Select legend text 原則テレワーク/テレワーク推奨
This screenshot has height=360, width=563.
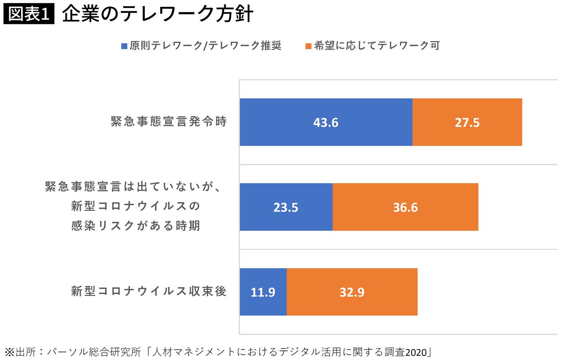click(x=205, y=46)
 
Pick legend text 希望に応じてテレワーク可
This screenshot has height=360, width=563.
click(x=376, y=46)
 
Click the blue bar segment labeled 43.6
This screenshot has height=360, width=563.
click(x=326, y=122)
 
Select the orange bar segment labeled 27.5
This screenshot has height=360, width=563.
click(x=467, y=122)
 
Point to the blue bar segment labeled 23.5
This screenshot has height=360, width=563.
click(x=286, y=207)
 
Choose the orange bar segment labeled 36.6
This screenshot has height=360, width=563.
click(x=405, y=207)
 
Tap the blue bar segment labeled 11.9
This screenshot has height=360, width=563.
click(x=263, y=292)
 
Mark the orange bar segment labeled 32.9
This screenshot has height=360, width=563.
click(x=352, y=292)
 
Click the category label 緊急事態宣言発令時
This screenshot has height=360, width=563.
click(x=169, y=122)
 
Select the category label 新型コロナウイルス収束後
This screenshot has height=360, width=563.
click(x=149, y=291)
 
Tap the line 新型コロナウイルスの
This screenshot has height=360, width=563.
click(x=135, y=207)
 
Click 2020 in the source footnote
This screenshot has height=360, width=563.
click(x=416, y=351)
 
